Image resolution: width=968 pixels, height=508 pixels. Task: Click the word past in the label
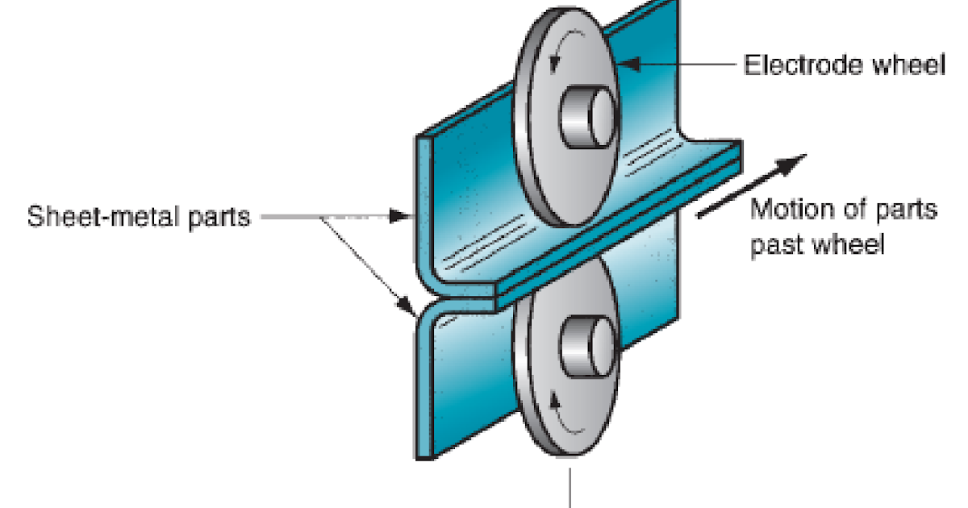(775, 244)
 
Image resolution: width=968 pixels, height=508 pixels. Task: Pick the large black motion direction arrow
(750, 185)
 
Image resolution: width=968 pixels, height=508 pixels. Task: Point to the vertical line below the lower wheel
(573, 487)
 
